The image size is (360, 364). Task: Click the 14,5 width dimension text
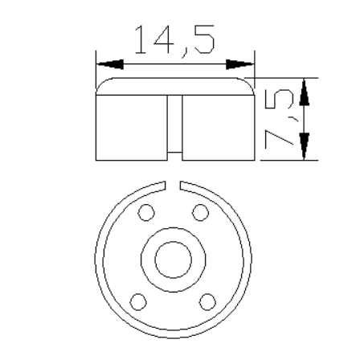click(174, 41)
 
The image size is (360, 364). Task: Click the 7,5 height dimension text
click(280, 119)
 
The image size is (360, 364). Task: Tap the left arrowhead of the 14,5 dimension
click(110, 64)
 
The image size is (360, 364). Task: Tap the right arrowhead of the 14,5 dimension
click(239, 64)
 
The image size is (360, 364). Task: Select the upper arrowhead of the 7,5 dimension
click(304, 92)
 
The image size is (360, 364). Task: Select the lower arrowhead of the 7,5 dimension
click(304, 146)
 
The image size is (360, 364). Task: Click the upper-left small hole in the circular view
click(146, 213)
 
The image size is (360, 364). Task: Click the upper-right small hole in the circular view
click(200, 213)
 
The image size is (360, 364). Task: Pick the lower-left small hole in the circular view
click(138, 302)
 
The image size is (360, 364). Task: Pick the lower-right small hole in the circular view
click(207, 302)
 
